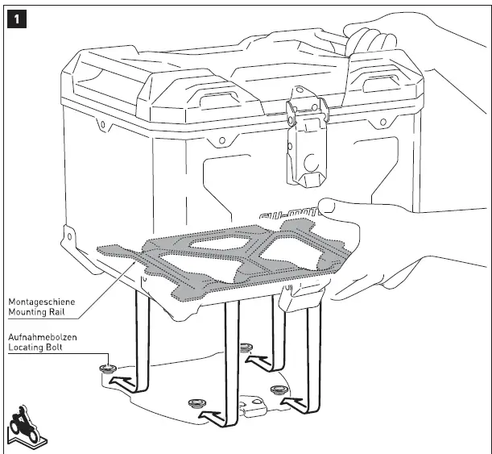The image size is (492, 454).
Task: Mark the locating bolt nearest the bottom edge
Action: [x=196, y=402]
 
